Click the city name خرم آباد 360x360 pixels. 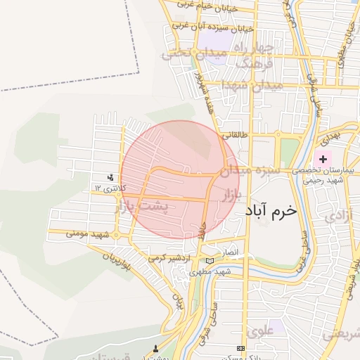click(x=271, y=210)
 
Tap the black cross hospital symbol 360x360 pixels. click(x=323, y=159)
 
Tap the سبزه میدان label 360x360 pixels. click(x=250, y=170)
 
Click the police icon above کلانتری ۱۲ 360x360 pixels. click(x=110, y=178)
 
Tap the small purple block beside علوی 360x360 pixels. click(x=276, y=326)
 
